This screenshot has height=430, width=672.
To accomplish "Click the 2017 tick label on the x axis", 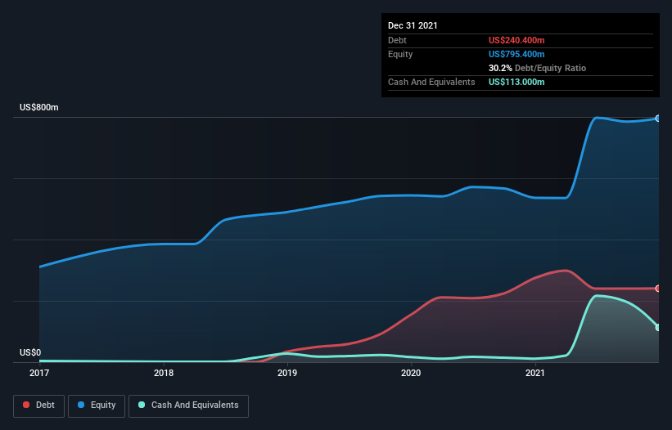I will click(39, 374).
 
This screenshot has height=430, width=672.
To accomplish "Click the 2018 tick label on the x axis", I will click(164, 374).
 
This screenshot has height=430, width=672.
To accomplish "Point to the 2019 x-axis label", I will click(287, 374).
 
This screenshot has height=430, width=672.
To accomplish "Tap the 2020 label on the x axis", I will click(411, 374).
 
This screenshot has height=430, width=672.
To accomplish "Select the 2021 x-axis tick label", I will click(534, 374).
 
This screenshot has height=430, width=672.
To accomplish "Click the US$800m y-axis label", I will click(39, 108).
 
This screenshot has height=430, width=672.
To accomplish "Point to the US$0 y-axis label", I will click(30, 353).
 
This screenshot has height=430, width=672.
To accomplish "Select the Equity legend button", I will click(97, 405).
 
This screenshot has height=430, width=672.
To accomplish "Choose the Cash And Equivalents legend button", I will click(188, 405).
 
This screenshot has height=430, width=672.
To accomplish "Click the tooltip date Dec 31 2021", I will click(413, 25).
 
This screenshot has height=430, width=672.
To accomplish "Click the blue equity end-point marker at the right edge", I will click(658, 119).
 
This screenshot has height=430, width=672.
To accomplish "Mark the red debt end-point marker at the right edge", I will click(658, 289).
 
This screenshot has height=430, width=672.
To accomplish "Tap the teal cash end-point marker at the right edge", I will click(658, 328).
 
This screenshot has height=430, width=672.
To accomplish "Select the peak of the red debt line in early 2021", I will click(565, 270).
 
